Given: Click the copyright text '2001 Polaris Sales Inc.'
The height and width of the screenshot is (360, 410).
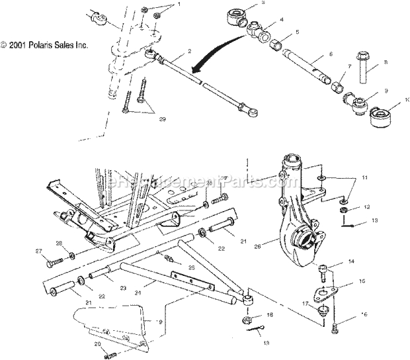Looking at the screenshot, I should pyautogui.click(x=45, y=46).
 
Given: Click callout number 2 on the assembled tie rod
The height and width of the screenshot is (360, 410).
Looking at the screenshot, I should pyautogui.click(x=171, y=50).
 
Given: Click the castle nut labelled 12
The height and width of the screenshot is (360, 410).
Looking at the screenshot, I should pyautogui.click(x=345, y=210).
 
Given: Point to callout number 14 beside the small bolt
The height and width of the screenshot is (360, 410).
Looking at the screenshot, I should pyautogui.click(x=370, y=261).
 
